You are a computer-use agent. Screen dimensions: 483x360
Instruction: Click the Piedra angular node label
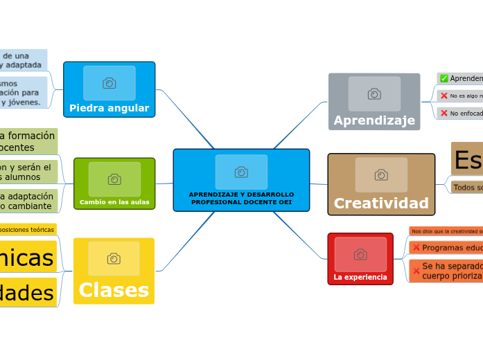109,108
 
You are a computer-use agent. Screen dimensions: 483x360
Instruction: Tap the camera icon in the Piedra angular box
109,83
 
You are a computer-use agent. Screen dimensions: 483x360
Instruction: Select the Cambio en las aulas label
114,202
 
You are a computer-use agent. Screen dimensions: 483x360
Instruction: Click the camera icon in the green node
114,179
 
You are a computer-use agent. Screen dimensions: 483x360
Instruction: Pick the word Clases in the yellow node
114,290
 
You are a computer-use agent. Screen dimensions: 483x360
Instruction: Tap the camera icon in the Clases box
114,258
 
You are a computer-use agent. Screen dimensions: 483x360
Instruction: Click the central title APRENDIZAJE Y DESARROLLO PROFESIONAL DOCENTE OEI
241,198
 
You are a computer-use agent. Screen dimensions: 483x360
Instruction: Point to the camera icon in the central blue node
241,172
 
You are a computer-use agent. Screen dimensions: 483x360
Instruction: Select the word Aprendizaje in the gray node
374,120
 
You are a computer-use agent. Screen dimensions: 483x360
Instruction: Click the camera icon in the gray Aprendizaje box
374,93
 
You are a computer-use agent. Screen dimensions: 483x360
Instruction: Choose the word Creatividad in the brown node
381,203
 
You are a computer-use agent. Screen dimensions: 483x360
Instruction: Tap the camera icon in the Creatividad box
381,174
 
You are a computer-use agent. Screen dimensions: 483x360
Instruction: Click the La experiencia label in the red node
360,277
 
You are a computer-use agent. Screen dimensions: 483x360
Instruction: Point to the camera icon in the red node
360,254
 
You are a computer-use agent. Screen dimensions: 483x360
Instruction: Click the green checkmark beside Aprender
444,78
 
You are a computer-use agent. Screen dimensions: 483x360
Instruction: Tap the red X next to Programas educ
416,248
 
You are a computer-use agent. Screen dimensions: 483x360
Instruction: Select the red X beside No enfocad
444,113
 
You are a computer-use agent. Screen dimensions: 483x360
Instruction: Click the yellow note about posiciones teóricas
28,229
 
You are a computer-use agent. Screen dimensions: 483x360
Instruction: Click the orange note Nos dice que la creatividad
446,231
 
